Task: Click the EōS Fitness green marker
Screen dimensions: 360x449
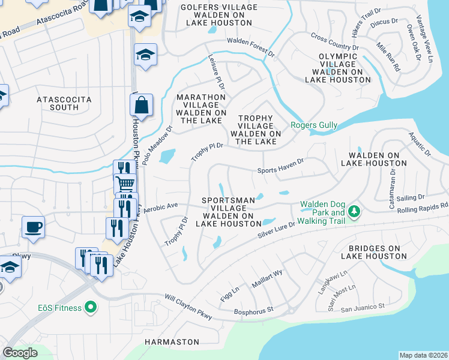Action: pos(91,308)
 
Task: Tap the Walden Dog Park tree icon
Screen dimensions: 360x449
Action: pos(355,211)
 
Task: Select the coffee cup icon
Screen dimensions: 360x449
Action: pos(33,227)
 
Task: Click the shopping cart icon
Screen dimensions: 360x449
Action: pos(125,183)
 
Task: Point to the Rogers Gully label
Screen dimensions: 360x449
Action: pos(314,125)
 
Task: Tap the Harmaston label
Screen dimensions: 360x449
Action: pos(172,341)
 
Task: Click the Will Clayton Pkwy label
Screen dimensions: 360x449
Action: pos(188,306)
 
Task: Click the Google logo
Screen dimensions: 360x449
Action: pos(20,353)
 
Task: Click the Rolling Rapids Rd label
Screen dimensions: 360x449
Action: pos(424,206)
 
